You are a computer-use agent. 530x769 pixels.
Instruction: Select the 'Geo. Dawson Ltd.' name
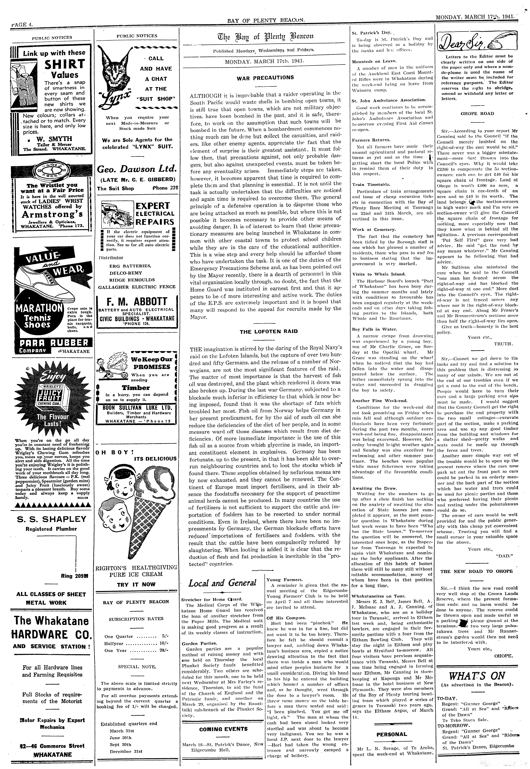[136, 169]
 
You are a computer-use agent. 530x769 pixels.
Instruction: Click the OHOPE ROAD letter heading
[477, 114]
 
